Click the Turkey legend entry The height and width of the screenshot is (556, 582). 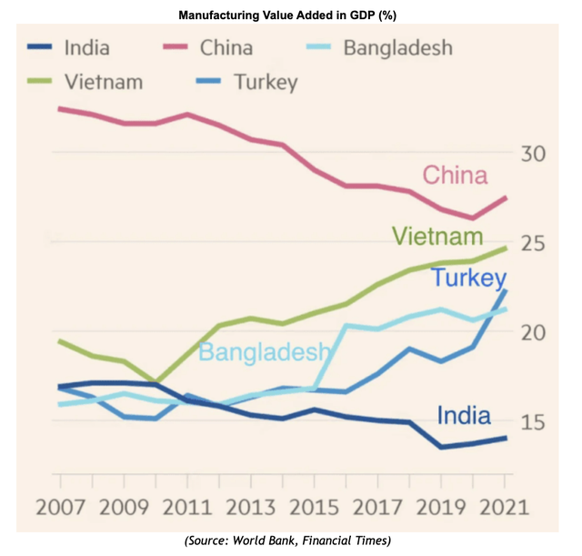265,82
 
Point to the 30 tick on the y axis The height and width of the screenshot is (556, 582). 532,153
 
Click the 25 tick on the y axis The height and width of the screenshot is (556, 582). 532,243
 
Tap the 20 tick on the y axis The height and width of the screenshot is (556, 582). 532,332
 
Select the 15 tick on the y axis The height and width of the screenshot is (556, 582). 532,421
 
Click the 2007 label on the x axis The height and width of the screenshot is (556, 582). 60,506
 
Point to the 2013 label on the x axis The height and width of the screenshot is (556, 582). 252,506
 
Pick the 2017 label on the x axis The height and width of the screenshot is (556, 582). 380,506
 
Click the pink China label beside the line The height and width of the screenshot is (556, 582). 455,176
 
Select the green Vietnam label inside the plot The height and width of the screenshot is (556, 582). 436,237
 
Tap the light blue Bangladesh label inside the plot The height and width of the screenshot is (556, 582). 263,353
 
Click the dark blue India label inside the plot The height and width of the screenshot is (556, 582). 464,416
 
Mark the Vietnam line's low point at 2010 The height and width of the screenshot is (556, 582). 156,381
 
